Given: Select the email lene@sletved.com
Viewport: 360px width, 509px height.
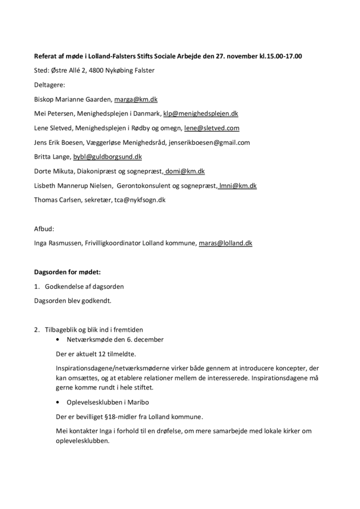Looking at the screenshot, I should coord(212,128).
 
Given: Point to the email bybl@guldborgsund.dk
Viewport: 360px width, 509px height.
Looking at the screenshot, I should coord(107,157).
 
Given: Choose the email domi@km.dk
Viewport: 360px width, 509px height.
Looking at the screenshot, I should coord(185,171).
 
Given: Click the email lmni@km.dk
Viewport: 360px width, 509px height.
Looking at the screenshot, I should coord(238,186).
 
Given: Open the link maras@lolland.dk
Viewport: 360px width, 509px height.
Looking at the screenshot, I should coord(225,243).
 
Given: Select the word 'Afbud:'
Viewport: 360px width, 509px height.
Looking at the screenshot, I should coord(44,229).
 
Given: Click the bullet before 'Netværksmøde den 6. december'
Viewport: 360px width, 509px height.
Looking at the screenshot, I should coord(58,340).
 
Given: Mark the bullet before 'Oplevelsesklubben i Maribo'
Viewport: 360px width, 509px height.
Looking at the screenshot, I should coord(58,402).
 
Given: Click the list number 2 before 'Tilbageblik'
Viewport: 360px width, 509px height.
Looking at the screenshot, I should coord(36,329).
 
